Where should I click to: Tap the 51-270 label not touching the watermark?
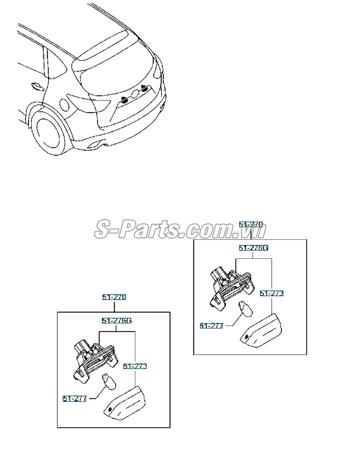(x=115, y=297)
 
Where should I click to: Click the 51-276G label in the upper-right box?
(x=253, y=248)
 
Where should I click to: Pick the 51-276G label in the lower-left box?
(x=116, y=321)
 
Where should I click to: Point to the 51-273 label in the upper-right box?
(x=271, y=293)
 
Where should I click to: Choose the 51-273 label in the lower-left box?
(x=135, y=366)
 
